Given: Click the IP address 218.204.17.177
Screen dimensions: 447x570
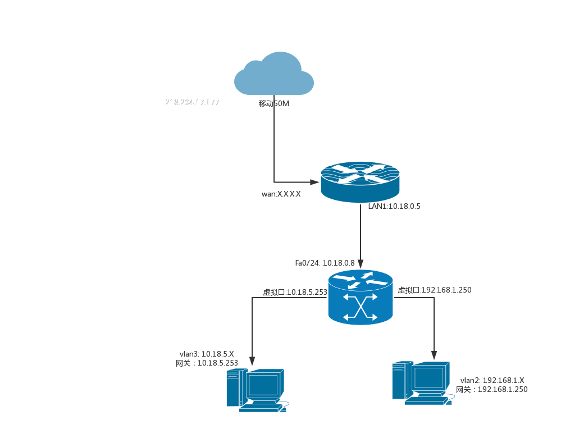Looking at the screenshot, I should (192, 102).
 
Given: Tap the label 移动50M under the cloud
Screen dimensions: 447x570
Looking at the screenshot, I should (274, 103).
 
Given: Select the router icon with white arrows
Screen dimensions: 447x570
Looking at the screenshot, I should (360, 181).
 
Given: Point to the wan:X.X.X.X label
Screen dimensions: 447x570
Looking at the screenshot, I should (281, 194).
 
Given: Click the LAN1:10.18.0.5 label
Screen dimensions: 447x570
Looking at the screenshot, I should (394, 206).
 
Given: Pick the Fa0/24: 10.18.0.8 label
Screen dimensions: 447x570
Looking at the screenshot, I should (325, 263).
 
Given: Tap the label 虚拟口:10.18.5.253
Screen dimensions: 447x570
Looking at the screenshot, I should (295, 292).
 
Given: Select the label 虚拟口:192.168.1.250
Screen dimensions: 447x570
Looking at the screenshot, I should (435, 290).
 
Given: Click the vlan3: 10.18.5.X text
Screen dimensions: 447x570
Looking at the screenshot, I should (207, 354).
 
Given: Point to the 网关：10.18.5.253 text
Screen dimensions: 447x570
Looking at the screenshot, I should (207, 363).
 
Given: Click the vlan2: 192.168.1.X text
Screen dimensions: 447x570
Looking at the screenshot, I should (492, 380).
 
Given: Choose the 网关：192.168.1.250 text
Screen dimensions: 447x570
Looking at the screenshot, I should (492, 389).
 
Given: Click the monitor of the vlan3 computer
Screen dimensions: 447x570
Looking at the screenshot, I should (263, 385).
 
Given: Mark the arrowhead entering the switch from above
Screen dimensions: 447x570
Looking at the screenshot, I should (361, 264).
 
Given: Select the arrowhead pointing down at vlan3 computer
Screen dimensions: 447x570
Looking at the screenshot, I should (252, 362).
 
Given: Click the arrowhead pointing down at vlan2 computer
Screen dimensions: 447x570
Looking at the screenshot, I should (434, 355).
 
